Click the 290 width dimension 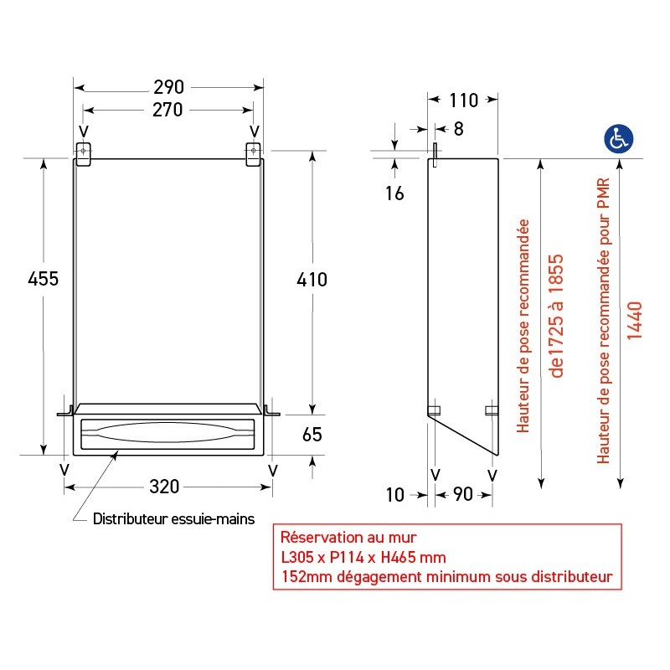[168, 87]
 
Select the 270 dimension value [168, 110]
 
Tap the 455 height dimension [43, 279]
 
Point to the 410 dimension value [312, 279]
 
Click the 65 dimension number [312, 435]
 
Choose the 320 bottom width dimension [168, 487]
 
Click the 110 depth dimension [463, 100]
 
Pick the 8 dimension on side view [457, 128]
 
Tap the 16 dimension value [394, 194]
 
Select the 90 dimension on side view [462, 495]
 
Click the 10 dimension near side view [394, 495]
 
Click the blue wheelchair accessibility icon [620, 139]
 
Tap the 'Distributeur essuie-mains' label [173, 519]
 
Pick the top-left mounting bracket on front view [83, 153]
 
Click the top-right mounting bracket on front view [254, 153]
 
